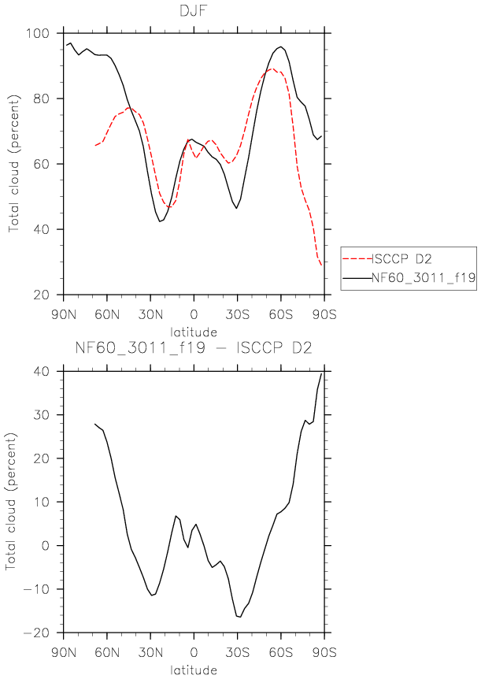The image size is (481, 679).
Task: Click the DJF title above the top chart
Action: pyautogui.click(x=194, y=11)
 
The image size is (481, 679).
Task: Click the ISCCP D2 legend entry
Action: pyautogui.click(x=401, y=259)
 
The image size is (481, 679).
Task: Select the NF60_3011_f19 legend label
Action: pyautogui.click(x=424, y=277)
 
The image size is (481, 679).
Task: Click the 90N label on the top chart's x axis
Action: pyautogui.click(x=64, y=314)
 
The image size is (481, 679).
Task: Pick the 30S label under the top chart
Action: pyautogui.click(x=237, y=314)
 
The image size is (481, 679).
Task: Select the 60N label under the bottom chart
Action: pyautogui.click(x=107, y=652)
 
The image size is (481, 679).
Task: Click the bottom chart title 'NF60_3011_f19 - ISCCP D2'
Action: pyautogui.click(x=194, y=348)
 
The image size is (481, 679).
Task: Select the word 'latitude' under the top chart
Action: pyautogui.click(x=194, y=332)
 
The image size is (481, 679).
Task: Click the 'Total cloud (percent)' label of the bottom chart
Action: pyautogui.click(x=12, y=502)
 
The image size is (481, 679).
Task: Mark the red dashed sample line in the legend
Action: pyautogui.click(x=357, y=259)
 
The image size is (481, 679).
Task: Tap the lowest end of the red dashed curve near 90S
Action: pyautogui.click(x=321, y=265)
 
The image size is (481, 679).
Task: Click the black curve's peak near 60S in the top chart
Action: pyautogui.click(x=280, y=46)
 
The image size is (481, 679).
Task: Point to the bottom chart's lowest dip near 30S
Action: pyautogui.click(x=240, y=617)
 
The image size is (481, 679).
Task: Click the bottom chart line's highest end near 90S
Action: pyautogui.click(x=321, y=373)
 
